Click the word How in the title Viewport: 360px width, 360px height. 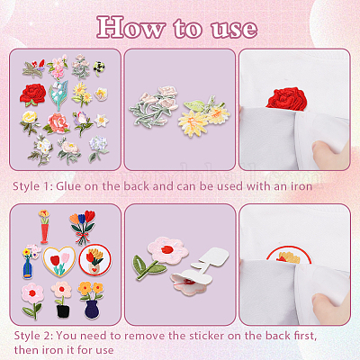(x=130, y=28)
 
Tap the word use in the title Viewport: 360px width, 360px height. (x=234, y=30)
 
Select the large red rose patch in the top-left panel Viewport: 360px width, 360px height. (x=32, y=94)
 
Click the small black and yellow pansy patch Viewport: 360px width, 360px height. (x=99, y=68)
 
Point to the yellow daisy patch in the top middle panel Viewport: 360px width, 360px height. (x=202, y=116)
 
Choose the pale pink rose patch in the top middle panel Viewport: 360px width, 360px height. (x=154, y=106)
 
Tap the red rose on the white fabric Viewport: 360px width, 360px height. (x=286, y=99)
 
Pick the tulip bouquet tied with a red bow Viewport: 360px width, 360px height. (x=82, y=227)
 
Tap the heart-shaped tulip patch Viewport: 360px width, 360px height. (x=59, y=261)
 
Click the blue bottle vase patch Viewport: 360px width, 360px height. (x=29, y=261)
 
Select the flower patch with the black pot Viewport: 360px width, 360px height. (x=61, y=299)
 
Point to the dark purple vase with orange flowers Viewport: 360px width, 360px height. (x=90, y=300)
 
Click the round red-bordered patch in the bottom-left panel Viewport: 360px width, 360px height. (x=95, y=260)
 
